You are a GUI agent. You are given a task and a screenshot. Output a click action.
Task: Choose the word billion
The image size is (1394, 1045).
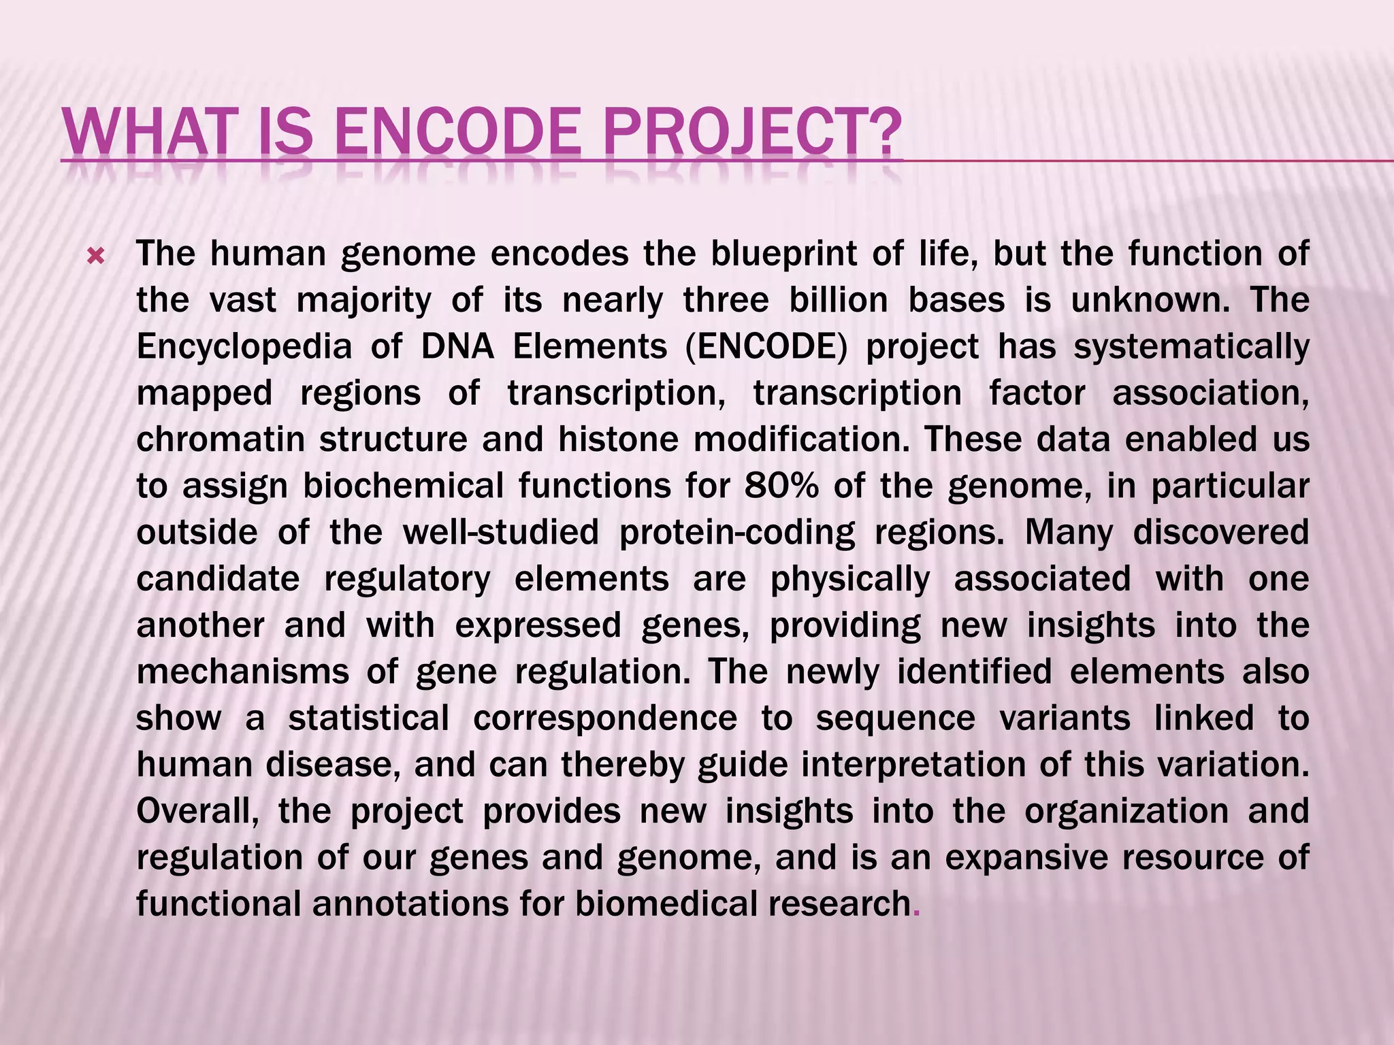coord(839,301)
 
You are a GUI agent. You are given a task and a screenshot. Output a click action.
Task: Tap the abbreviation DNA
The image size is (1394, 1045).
coord(457,347)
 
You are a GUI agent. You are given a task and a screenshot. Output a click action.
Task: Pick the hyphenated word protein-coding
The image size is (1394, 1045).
coord(736,533)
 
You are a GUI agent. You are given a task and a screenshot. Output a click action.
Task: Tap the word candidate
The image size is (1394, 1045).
coord(218,579)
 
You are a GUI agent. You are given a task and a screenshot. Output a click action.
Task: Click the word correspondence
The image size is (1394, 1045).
coord(605,718)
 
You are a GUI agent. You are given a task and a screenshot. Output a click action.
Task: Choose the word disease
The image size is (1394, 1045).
coord(331,765)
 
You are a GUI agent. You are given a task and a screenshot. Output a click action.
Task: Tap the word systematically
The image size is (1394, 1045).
coord(1191,347)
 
